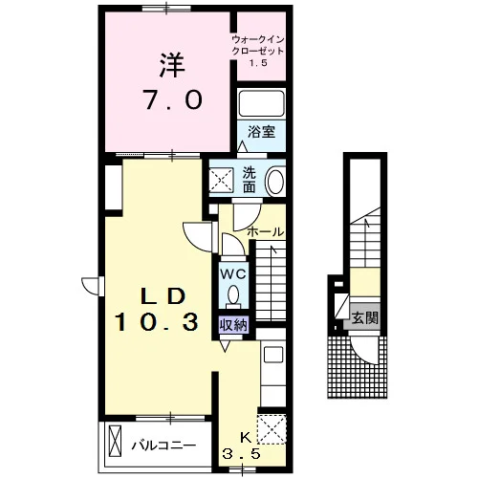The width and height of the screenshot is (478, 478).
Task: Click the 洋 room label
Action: tap(172, 65)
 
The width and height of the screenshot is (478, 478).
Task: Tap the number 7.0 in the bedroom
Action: tap(174, 99)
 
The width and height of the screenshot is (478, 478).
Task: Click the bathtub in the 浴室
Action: tap(261, 103)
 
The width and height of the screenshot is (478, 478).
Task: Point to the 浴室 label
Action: tap(262, 132)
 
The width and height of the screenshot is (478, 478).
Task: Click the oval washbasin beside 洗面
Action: tap(275, 183)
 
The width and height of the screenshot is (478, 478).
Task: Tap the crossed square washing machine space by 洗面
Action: tap(222, 181)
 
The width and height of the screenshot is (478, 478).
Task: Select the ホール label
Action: tap(266, 231)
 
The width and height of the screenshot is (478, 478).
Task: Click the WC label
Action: tap(233, 273)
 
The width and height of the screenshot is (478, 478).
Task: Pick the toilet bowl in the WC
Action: tap(233, 294)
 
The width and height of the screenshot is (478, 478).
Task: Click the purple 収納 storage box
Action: tap(234, 325)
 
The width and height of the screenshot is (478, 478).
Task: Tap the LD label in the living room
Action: tap(163, 296)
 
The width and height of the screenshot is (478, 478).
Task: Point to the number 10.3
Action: tap(157, 321)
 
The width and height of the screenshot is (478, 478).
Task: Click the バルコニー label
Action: tap(163, 445)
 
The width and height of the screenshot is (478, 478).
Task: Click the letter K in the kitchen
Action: tap(245, 438)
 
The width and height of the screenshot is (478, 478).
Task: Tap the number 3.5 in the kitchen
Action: tap(241, 453)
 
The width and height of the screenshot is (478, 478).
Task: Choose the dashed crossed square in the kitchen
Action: tap(272, 429)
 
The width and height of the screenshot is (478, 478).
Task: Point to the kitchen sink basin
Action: tap(273, 355)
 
